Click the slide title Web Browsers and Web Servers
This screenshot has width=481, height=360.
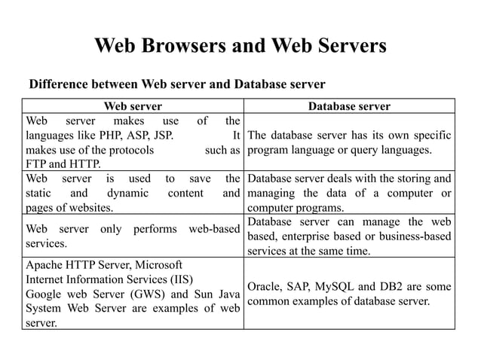[240, 47]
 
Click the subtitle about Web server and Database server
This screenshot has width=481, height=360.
[176, 83]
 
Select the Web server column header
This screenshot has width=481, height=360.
[132, 106]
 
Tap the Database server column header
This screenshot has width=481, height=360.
[349, 106]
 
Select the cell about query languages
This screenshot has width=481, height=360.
[349, 142]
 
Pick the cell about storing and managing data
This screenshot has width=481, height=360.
[349, 193]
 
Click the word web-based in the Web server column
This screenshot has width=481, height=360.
[214, 229]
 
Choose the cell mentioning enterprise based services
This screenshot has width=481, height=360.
[349, 236]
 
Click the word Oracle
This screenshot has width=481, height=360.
[264, 286]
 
